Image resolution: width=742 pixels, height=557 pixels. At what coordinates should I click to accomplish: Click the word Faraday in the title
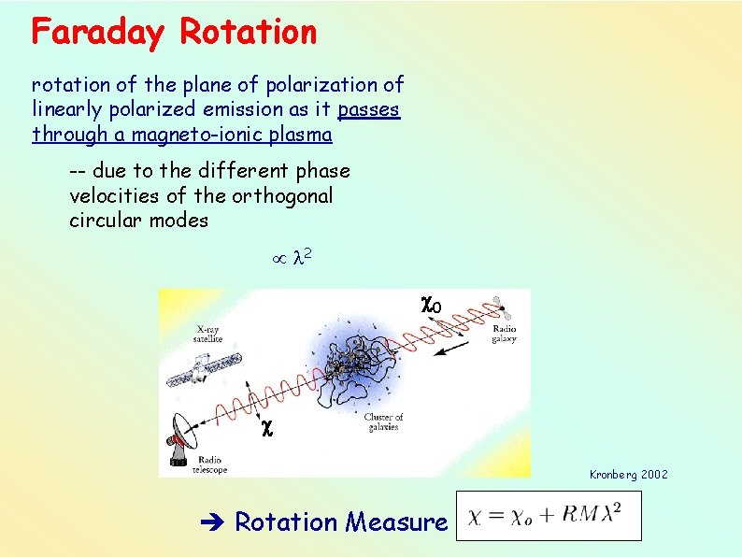click(99, 33)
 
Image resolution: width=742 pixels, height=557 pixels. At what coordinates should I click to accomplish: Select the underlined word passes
click(369, 109)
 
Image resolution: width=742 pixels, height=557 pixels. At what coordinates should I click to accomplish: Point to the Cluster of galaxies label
click(383, 421)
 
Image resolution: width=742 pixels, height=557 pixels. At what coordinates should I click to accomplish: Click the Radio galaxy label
click(504, 334)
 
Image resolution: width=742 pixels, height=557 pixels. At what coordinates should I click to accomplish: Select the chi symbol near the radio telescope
click(266, 428)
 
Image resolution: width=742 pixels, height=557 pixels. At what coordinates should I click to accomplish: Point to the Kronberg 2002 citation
click(628, 475)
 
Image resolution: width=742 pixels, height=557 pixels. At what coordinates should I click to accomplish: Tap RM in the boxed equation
click(581, 516)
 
